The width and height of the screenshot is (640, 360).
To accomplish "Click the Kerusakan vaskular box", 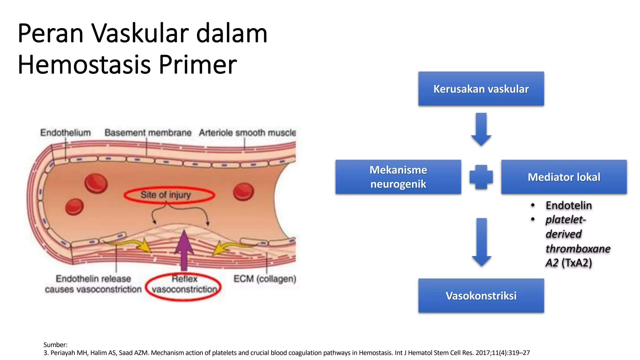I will point(481,89).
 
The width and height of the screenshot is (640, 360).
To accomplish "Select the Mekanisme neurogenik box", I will point(398,177).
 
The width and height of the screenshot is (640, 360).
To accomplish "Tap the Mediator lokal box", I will point(564,177).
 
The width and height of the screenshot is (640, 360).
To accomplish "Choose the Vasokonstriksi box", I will point(481,296).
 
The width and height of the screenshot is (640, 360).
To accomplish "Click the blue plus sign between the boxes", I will point(481,177).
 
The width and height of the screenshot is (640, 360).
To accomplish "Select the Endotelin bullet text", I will point(568,205).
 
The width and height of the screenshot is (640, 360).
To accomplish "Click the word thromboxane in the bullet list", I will point(578,249).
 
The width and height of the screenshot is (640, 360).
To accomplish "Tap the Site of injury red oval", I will point(169,195).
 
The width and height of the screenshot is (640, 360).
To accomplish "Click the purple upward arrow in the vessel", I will point(184,250).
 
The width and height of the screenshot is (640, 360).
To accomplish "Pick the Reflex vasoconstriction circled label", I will point(184,284).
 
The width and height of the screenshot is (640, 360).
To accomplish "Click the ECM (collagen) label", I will point(265,279).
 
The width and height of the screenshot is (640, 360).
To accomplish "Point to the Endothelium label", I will point(65,133).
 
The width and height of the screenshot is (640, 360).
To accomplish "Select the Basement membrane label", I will point(148,133).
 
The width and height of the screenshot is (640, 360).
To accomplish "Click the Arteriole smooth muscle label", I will point(247,133).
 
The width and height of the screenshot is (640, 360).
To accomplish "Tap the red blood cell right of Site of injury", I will point(243,192).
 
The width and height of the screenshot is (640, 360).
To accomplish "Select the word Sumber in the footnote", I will point(55,345).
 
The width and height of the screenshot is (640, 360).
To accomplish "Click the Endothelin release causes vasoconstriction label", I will point(93,284).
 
